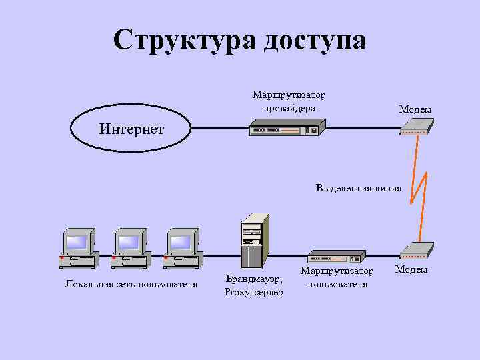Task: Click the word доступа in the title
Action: click(315, 40)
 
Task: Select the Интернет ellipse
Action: click(131, 128)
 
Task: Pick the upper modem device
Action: click(416, 127)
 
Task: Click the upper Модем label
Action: click(415, 109)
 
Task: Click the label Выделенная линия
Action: click(359, 188)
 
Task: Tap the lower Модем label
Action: click(411, 269)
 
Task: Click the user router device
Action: click(336, 257)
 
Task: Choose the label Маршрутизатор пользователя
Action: click(337, 277)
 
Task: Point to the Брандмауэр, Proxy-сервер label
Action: click(253, 285)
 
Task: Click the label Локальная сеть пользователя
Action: click(131, 285)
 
